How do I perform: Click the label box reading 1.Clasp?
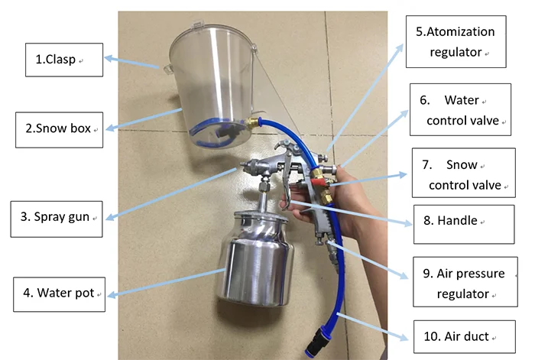tap(63, 60)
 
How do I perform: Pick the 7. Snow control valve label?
tap(464, 175)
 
